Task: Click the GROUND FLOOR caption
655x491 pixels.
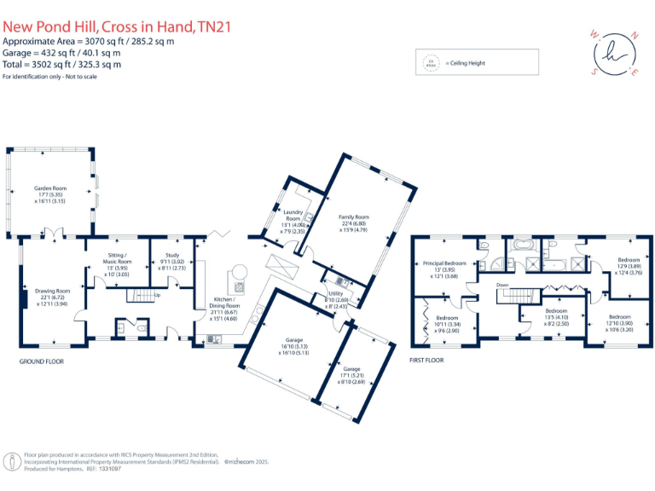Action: tap(42, 361)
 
